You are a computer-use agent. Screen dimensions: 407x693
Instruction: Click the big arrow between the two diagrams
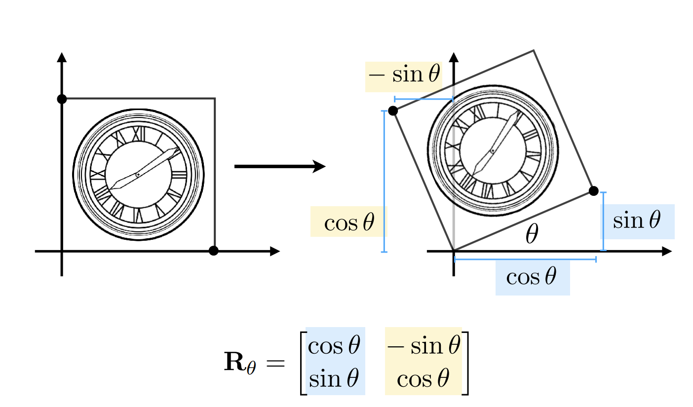coord(279,167)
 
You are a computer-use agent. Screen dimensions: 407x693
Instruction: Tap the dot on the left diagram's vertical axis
coord(62,99)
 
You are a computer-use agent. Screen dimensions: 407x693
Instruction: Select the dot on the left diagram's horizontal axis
coord(213,251)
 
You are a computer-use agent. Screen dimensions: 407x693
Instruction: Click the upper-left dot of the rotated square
coord(393,111)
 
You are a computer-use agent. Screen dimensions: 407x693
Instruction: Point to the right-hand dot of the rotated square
coord(594,191)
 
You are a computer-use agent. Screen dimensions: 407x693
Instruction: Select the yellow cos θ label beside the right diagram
coord(349,223)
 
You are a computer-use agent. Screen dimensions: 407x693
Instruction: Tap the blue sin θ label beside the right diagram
coord(636,221)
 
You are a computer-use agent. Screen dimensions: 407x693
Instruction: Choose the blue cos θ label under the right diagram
coord(532,277)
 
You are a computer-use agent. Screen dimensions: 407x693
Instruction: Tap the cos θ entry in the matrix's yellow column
coord(423,379)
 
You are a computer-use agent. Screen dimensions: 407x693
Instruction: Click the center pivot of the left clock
coord(138,175)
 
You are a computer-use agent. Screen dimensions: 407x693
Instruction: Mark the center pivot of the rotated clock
coord(492,150)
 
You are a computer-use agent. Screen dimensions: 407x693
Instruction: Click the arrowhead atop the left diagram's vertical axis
coord(62,56)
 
